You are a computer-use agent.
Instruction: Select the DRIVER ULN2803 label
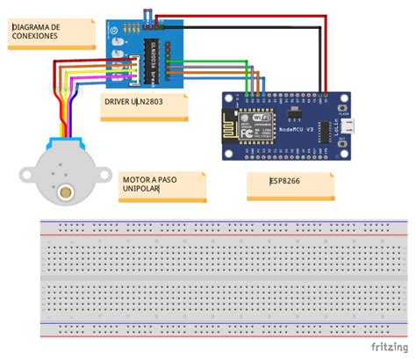(133, 101)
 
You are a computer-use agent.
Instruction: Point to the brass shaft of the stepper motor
(64, 190)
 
